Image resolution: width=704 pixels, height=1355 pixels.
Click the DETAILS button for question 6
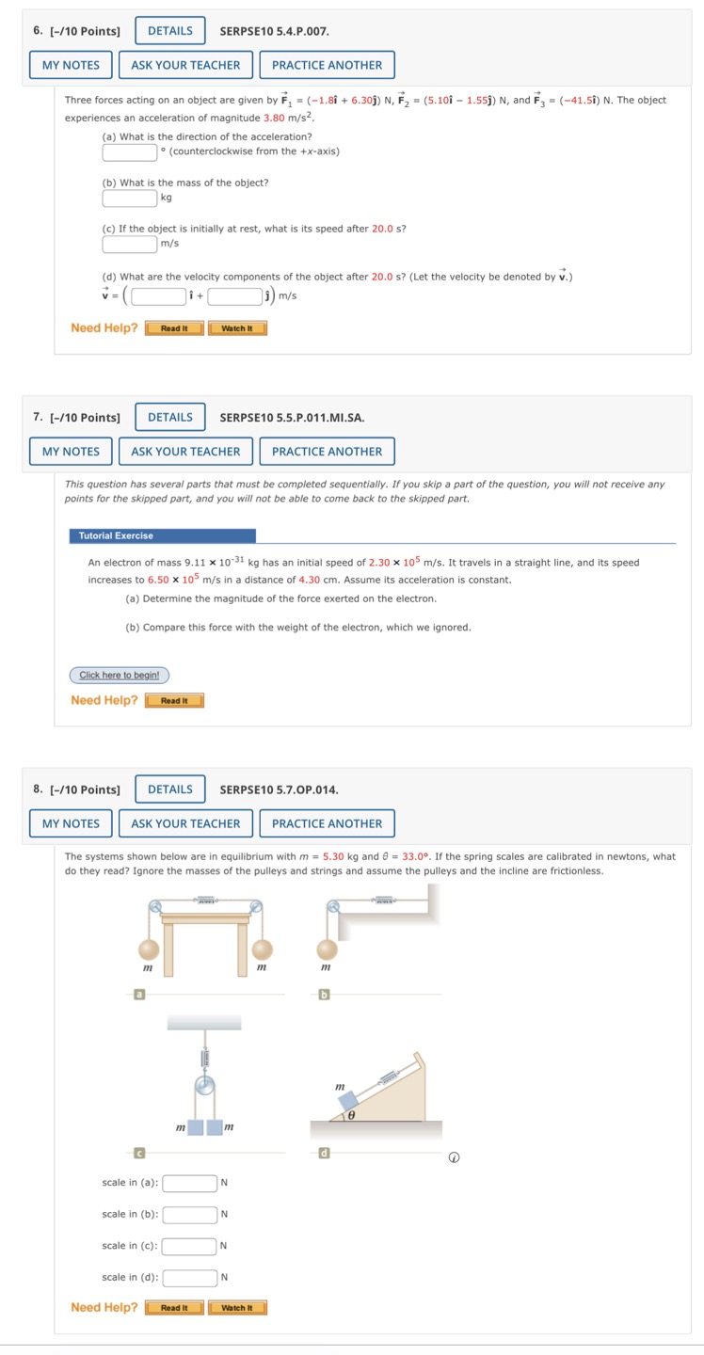click(169, 31)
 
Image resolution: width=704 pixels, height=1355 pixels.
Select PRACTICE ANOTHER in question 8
click(327, 823)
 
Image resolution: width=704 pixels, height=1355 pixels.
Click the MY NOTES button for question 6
click(71, 65)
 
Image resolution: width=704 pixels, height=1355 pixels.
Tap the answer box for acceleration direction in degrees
click(130, 151)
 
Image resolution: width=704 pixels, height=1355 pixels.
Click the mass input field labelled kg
click(130, 198)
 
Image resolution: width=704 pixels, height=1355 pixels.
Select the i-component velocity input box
click(158, 296)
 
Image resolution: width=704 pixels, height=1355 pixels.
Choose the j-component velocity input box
click(234, 296)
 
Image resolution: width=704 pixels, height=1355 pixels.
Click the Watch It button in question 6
click(237, 328)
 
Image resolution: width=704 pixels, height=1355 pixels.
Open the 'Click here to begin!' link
click(120, 675)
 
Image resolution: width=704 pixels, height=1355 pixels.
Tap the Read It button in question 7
click(174, 701)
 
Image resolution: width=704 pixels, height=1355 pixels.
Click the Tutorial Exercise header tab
click(162, 535)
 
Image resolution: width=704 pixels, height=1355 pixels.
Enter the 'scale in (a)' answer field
click(189, 1183)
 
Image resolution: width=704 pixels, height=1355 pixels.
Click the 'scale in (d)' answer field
click(189, 1277)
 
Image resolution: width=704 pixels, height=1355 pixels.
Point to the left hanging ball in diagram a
click(148, 948)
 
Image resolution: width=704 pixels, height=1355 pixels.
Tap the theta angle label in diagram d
click(351, 1114)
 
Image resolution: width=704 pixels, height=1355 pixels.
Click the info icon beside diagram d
click(454, 1157)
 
